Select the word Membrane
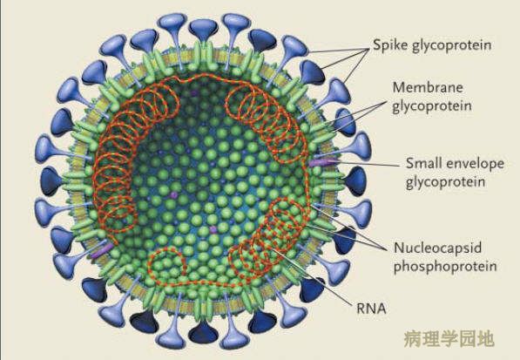tap(428, 87)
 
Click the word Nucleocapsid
tap(438, 248)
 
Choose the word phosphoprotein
tap(445, 266)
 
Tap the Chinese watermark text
tap(449, 339)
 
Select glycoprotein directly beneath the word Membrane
tap(432, 106)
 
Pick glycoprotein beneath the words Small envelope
tap(446, 182)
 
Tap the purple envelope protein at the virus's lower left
tap(102, 250)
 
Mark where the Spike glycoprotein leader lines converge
tap(368, 49)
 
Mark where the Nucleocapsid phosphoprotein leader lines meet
tap(387, 249)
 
